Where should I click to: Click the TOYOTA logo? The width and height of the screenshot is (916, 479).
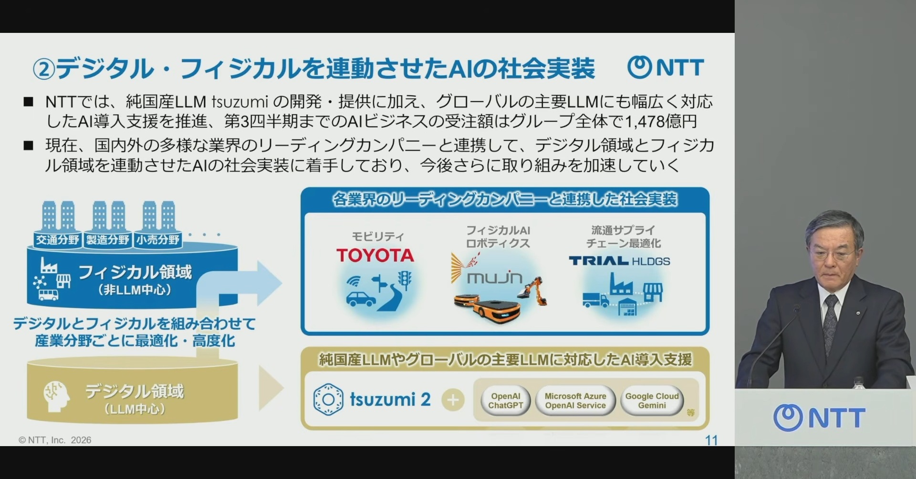375,255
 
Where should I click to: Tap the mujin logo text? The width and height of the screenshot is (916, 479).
495,277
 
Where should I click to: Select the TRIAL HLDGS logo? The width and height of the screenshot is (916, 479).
619,261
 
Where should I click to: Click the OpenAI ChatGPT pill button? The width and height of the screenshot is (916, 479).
505,401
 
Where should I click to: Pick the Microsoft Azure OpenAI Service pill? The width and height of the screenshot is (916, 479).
575,401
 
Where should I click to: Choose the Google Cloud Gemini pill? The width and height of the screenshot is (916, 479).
652,401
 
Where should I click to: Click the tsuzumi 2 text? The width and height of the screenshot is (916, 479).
390,399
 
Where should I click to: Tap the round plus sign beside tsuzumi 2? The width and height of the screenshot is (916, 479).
453,400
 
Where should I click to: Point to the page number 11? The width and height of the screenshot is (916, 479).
711,440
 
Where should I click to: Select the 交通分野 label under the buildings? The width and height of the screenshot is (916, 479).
58,239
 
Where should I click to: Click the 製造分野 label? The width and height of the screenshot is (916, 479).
108,239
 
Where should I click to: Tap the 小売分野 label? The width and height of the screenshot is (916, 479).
158,239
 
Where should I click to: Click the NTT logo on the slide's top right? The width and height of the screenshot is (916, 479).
666,68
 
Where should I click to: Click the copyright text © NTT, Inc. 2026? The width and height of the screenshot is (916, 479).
55,440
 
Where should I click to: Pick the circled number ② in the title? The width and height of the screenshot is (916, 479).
44,70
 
